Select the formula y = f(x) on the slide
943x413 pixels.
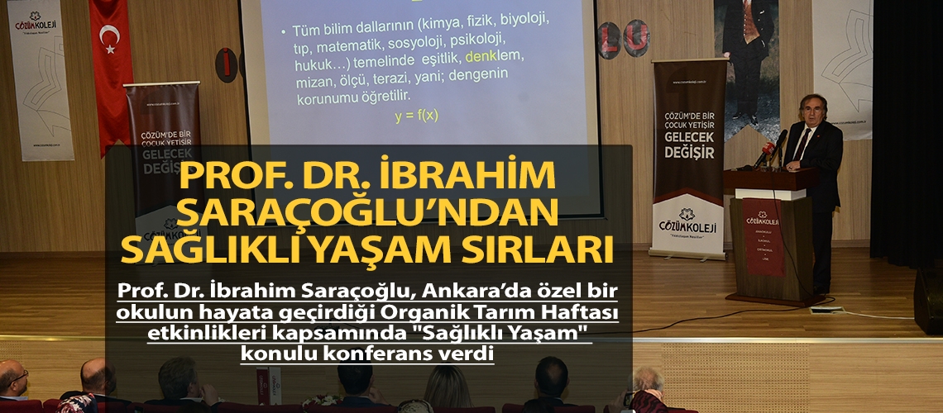click(416, 116)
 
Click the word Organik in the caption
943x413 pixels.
click(429, 314)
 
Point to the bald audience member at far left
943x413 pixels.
click(12, 381)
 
